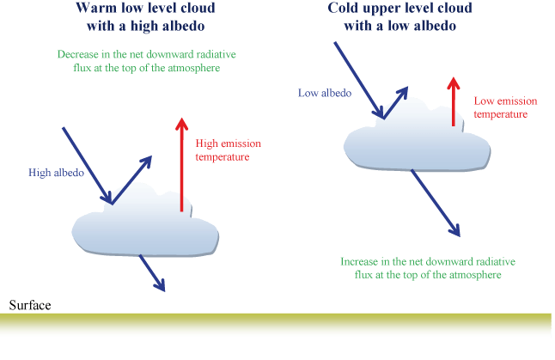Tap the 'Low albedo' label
pyautogui.click(x=324, y=93)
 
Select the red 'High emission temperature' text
pyautogui.click(x=229, y=149)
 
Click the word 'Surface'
pyautogui.click(x=30, y=306)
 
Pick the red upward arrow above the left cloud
pyautogui.click(x=181, y=163)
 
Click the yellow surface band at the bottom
pyautogui.click(x=277, y=326)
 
